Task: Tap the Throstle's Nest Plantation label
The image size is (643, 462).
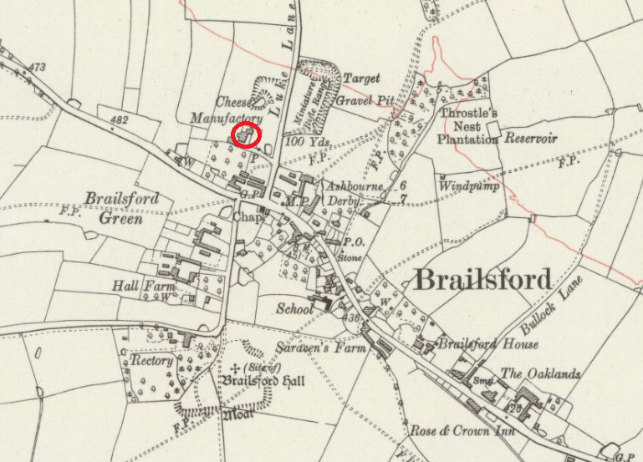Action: pyautogui.click(x=469, y=124)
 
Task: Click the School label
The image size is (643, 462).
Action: pyautogui.click(x=295, y=308)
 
